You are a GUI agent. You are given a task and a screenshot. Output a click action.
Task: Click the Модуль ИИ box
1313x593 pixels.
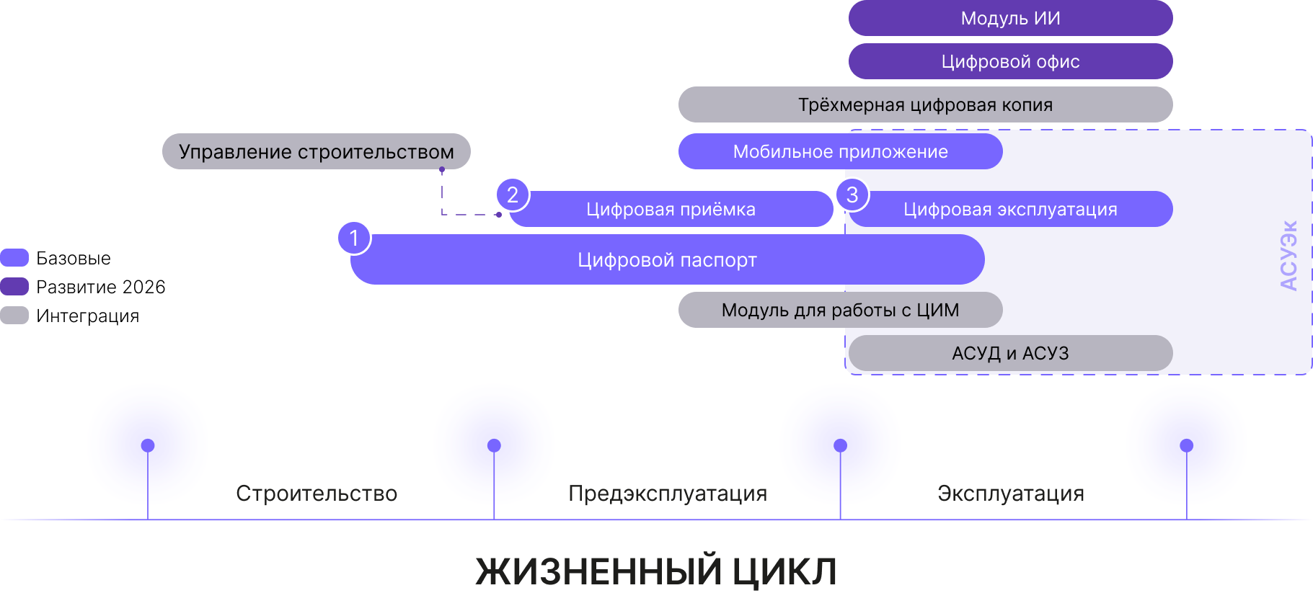coord(1010,18)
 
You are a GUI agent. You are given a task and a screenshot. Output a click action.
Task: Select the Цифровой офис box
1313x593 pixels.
coord(1010,61)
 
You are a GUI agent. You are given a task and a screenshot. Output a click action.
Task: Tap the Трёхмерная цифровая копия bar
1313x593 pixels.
coord(925,104)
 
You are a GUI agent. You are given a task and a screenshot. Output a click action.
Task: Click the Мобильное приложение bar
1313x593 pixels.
coord(840,151)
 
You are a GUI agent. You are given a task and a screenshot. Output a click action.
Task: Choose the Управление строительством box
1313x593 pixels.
coord(316,151)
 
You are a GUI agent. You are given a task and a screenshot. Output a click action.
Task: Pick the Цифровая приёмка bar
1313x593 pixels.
coord(671,209)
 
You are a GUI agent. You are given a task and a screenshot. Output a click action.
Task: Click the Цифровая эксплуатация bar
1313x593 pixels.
coord(1010,209)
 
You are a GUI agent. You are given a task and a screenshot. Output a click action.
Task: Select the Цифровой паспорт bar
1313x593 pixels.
coord(667,259)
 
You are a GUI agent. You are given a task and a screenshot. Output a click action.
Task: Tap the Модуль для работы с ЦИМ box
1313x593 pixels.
coord(840,310)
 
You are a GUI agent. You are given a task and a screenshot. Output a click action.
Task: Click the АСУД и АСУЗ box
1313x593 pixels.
coord(1010,353)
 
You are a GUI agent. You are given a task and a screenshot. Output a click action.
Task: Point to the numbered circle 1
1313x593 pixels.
coord(354,238)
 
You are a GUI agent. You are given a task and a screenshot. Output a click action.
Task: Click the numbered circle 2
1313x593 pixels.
coord(513,195)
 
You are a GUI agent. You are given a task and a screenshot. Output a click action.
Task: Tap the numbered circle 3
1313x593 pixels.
coord(852,195)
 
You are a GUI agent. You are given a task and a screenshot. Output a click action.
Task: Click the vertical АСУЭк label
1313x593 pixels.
coord(1288,255)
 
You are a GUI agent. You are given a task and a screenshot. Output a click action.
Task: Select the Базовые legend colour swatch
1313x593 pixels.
coord(14,258)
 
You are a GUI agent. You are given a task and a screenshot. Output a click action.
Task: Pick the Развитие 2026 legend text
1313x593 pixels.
coord(101,287)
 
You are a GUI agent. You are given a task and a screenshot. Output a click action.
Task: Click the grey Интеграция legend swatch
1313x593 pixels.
coord(14,316)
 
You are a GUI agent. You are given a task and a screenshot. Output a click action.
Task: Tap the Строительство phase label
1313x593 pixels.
coord(317,494)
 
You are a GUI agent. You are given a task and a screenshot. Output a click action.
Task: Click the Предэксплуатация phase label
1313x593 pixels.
coord(668,494)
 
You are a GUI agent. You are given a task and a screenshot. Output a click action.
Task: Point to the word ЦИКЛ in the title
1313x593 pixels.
coord(784,572)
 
